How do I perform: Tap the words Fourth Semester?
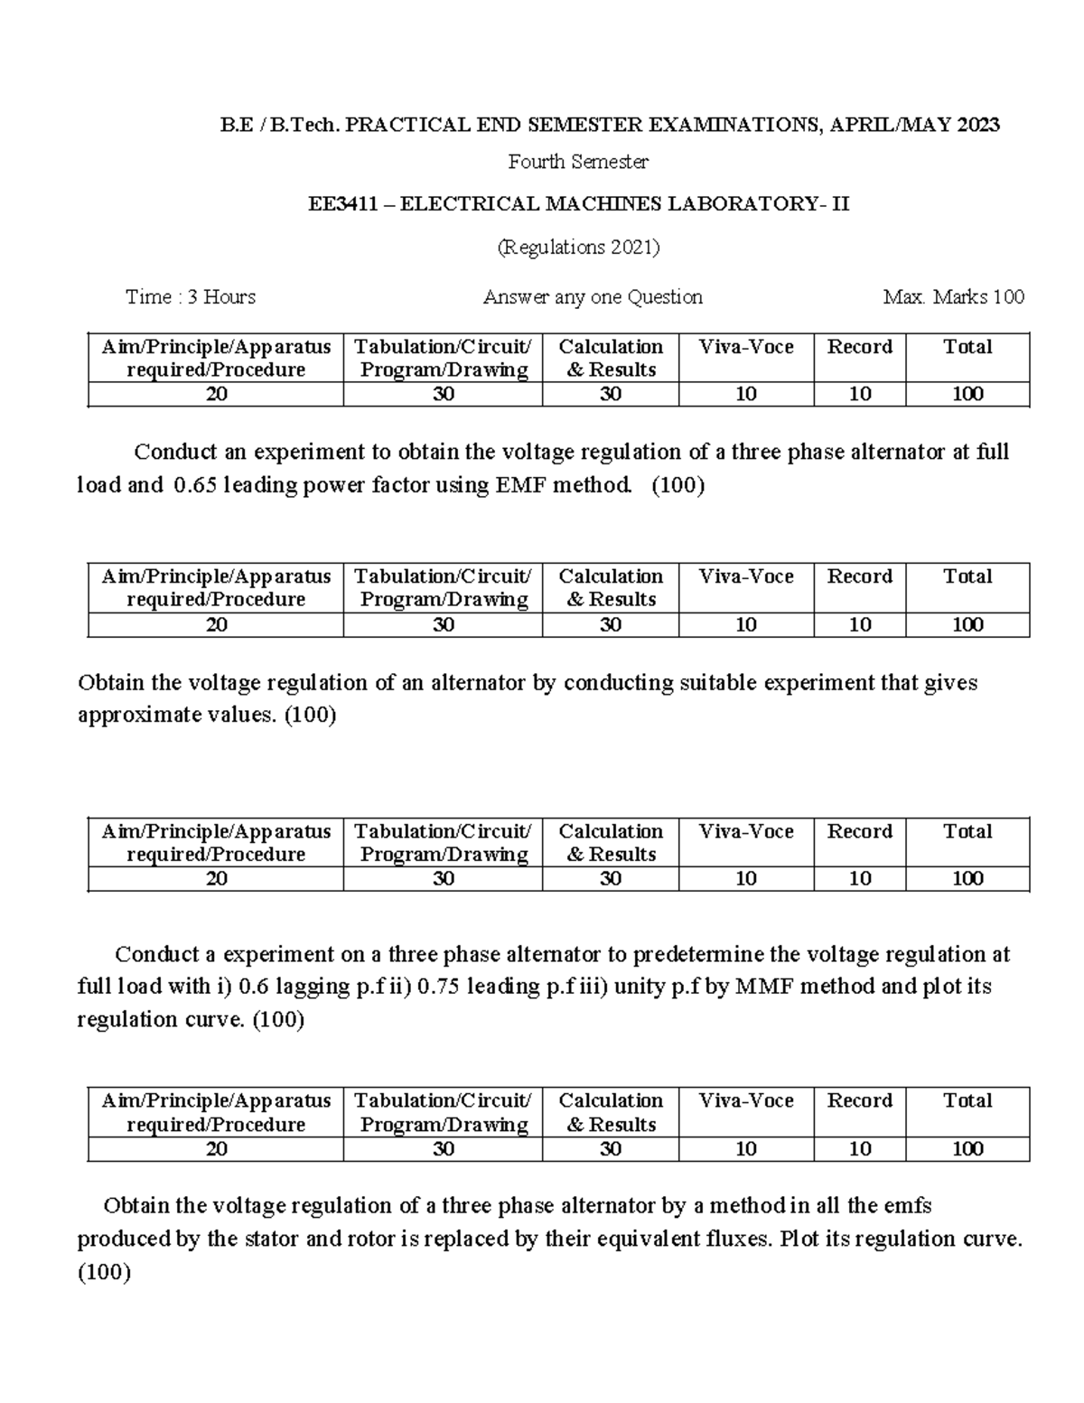point(578,162)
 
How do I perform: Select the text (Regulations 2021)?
point(579,247)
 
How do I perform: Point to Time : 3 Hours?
point(191,297)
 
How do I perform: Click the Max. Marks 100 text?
point(954,297)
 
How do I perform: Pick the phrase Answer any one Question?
point(593,297)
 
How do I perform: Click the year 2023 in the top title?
point(978,125)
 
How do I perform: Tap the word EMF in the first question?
point(520,485)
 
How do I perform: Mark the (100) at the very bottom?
point(105,1273)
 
